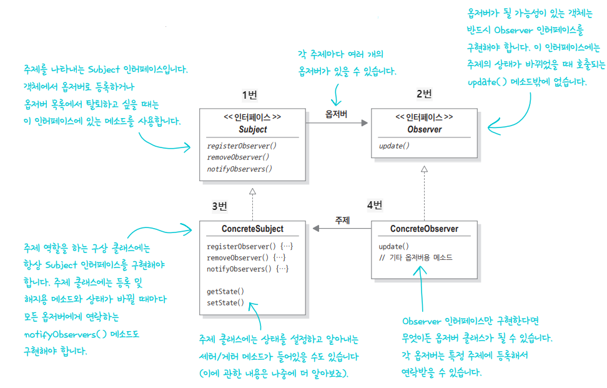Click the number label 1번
(250, 95)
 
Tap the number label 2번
(424, 94)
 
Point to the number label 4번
(375, 205)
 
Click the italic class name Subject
(252, 130)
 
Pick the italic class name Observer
(424, 130)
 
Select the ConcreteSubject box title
(252, 229)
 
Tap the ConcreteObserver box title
(424, 229)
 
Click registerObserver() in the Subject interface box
(241, 146)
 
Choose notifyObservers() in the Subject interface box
(239, 169)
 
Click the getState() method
(225, 291)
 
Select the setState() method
(225, 303)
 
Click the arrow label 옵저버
(337, 114)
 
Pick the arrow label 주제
(342, 221)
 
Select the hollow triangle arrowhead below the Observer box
(424, 168)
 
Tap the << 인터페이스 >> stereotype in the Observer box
(424, 117)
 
